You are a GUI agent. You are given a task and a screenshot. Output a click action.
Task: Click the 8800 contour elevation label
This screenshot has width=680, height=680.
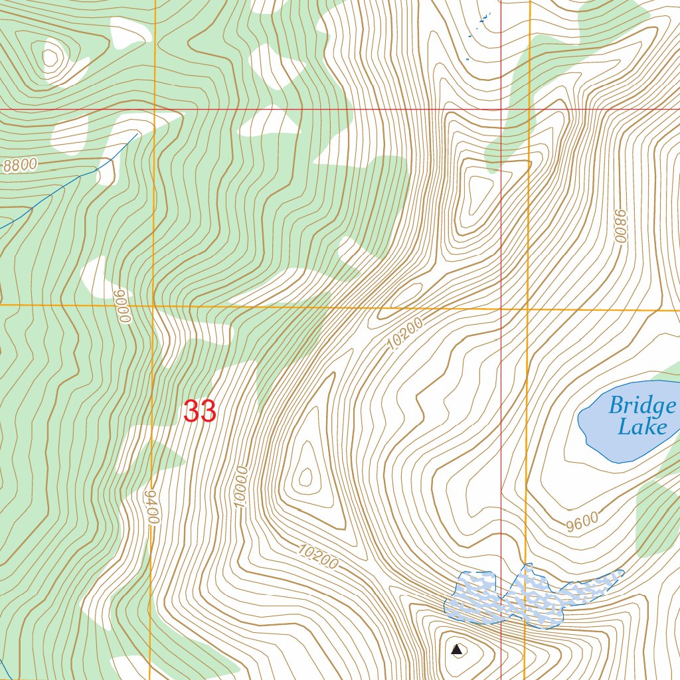click(x=20, y=165)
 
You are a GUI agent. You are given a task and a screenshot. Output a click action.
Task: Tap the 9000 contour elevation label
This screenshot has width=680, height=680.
click(x=124, y=306)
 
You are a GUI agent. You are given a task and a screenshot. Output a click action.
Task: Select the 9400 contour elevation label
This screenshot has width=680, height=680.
click(x=152, y=508)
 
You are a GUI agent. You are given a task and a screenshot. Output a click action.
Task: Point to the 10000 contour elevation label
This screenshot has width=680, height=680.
click(x=241, y=487)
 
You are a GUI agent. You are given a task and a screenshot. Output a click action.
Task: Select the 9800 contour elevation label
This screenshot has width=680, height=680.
click(x=620, y=226)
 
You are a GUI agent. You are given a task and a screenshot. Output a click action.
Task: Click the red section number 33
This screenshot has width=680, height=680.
click(x=200, y=412)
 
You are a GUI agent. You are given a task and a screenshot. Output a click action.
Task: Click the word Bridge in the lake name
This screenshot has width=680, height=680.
click(x=641, y=405)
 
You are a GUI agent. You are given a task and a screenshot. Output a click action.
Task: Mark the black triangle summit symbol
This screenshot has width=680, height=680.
click(x=457, y=649)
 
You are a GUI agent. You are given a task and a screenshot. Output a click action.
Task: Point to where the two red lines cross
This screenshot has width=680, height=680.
click(x=501, y=109)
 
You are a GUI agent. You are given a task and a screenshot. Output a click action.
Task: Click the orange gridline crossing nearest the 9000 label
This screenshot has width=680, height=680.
click(x=153, y=305)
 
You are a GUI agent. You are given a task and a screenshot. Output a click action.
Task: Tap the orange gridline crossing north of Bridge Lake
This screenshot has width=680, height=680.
click(x=529, y=309)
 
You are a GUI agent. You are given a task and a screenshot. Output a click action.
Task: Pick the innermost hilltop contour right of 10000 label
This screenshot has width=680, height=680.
click(x=306, y=475)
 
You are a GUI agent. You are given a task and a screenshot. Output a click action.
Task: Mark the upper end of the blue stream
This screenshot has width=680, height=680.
click(x=137, y=133)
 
